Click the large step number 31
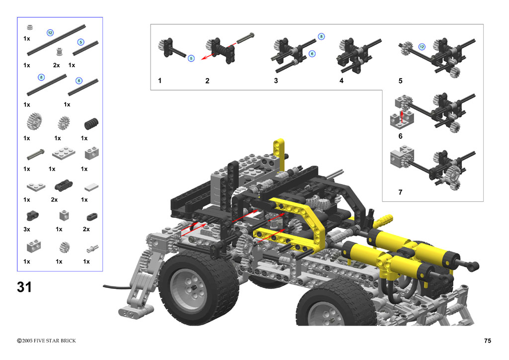[24, 287]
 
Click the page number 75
[487, 341]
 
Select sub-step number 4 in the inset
[341, 81]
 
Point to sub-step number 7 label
[400, 192]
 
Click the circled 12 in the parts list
[50, 33]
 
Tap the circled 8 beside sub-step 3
[321, 36]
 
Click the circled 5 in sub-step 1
[191, 59]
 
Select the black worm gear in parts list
[91, 123]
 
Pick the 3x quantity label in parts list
[27, 229]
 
